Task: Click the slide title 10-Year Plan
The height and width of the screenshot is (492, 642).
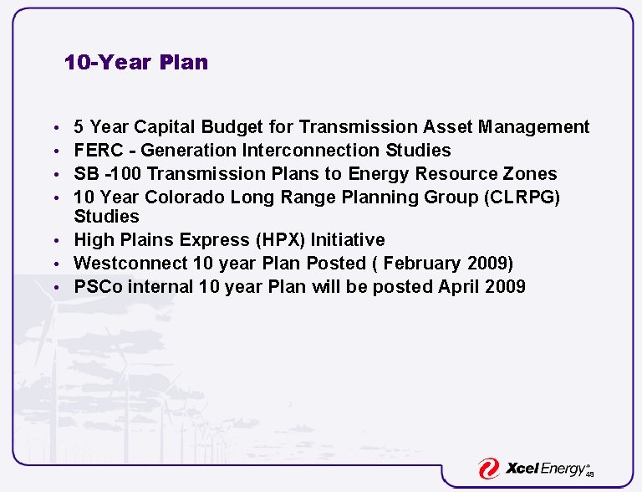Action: point(136,63)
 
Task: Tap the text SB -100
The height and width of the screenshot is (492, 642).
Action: point(106,174)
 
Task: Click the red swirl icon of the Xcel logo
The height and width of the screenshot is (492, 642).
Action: point(488,469)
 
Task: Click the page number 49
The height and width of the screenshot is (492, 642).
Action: point(589,474)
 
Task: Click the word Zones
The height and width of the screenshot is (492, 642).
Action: point(530,174)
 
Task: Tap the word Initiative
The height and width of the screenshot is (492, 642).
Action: point(348,240)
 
